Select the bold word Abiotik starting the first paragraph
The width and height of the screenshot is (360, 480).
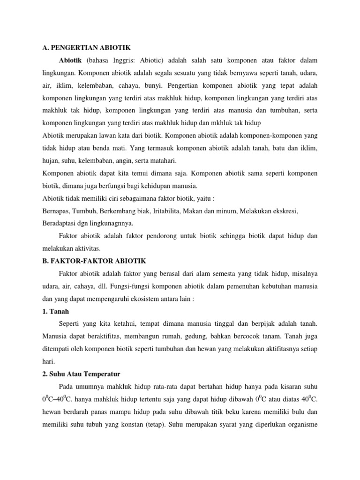click(x=70, y=60)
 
